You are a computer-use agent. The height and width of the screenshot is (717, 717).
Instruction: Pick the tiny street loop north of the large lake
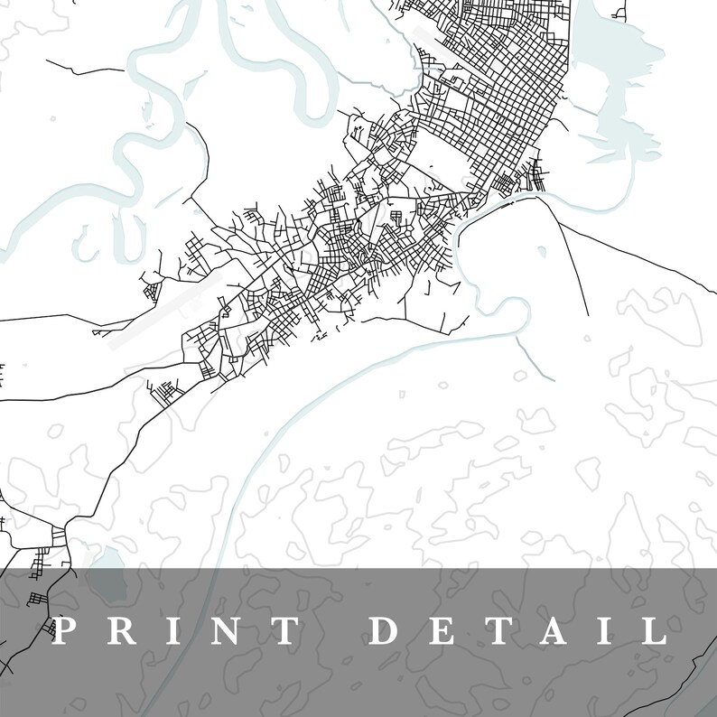(619, 13)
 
